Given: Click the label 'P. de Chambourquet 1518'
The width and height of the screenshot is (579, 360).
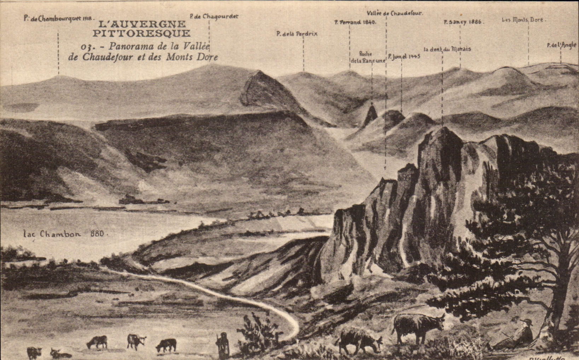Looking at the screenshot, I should (59, 18).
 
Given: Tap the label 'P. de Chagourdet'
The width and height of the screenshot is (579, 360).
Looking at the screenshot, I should (214, 16).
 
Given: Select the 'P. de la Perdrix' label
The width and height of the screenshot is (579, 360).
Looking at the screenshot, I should (297, 34).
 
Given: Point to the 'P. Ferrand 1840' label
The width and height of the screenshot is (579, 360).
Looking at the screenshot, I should (355, 22).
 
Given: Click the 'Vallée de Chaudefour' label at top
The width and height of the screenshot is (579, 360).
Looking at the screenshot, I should (395, 13).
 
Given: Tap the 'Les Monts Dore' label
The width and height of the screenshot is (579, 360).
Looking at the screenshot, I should (524, 20).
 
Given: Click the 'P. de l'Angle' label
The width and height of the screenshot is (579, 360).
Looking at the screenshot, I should (561, 45).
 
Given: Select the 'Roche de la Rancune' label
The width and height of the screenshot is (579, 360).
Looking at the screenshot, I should (367, 57).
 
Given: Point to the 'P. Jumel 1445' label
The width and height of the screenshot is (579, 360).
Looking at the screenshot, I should (404, 56).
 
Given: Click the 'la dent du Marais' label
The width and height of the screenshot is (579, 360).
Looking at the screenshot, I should (447, 49).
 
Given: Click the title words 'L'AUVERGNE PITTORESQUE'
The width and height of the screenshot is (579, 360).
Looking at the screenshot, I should (141, 29).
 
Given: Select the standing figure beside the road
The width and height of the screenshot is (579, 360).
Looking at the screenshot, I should (223, 344).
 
